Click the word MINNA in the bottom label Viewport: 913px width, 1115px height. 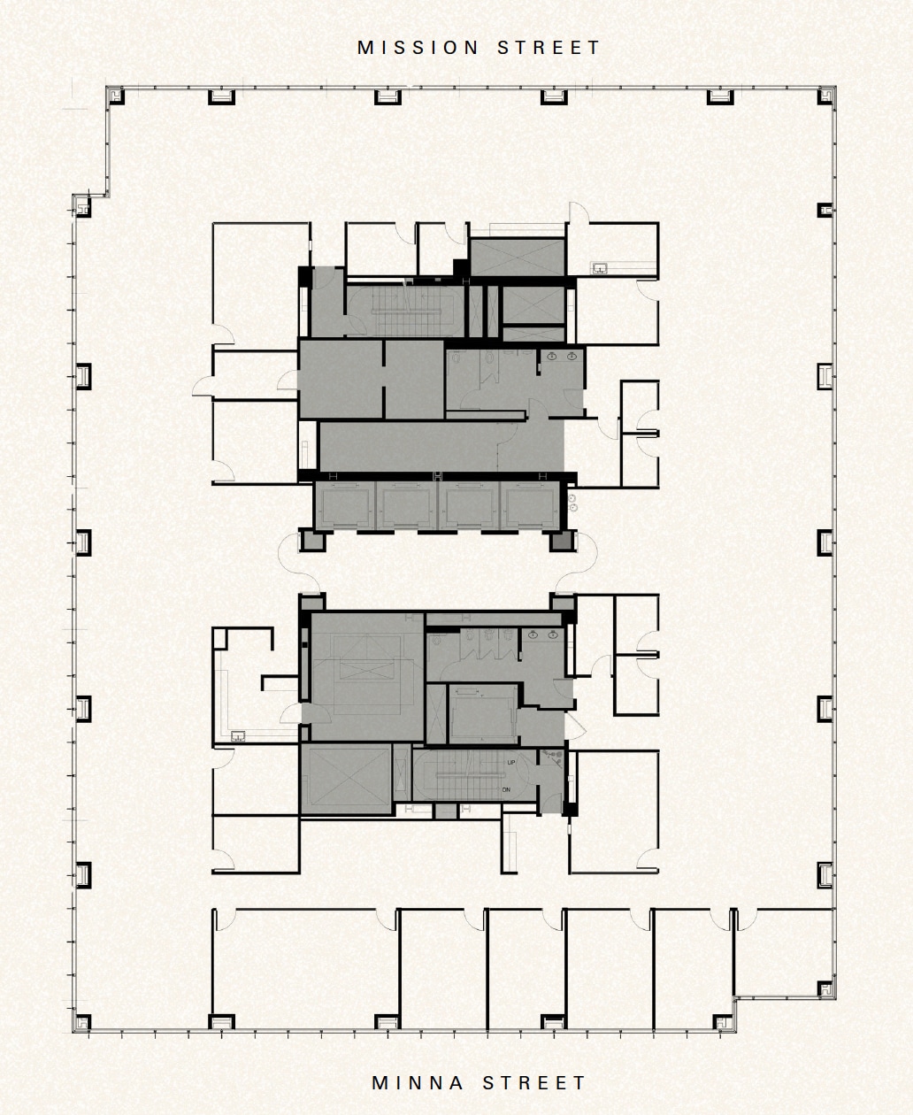[x=419, y=1082]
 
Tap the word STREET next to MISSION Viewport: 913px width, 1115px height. [x=549, y=48]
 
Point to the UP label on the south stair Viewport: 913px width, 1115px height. [x=511, y=762]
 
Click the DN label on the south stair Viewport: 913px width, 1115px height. [x=506, y=789]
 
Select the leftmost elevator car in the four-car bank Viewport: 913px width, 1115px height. [x=345, y=506]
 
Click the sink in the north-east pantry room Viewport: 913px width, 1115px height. [x=600, y=266]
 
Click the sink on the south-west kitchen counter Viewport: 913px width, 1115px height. [x=237, y=735]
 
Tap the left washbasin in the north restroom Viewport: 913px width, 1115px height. [x=552, y=356]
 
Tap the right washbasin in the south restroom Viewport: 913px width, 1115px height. [x=553, y=634]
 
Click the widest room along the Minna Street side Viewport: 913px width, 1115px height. [x=304, y=969]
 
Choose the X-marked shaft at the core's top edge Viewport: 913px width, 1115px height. [x=517, y=257]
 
